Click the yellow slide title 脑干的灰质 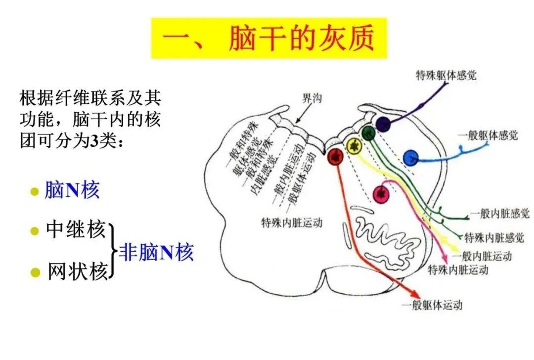click(x=269, y=39)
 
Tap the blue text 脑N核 click(x=72, y=190)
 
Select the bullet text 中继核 click(x=76, y=230)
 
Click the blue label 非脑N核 click(x=156, y=253)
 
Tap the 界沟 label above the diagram click(x=312, y=98)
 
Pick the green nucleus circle click(x=368, y=133)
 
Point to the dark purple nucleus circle click(x=383, y=123)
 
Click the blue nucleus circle click(x=410, y=158)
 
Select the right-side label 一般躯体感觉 click(x=488, y=135)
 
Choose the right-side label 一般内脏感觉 click(x=500, y=214)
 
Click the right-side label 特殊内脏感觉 click(x=493, y=238)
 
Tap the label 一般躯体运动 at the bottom click(x=432, y=305)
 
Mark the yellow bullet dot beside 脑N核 click(x=34, y=191)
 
